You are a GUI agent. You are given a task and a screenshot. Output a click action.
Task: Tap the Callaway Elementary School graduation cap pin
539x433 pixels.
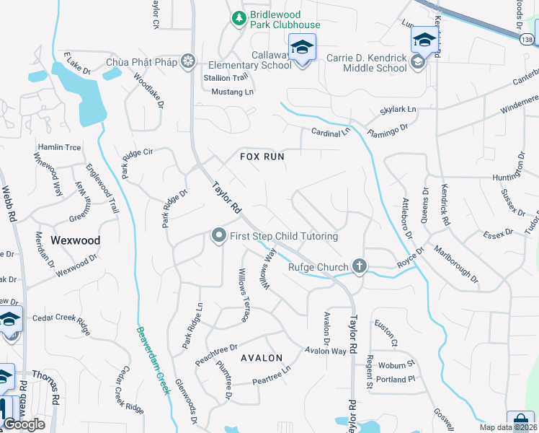point(301,49)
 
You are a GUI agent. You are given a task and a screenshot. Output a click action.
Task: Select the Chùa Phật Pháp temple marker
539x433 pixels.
point(188,61)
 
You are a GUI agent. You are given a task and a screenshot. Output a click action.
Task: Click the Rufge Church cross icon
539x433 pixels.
point(359,267)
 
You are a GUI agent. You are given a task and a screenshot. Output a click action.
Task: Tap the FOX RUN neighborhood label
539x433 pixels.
point(262,156)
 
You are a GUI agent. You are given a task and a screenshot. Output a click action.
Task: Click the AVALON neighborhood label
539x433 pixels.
point(261,357)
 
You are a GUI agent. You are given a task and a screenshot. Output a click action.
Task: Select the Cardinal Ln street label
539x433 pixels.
point(330,132)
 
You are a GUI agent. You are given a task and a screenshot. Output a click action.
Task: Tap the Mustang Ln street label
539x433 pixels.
point(233,92)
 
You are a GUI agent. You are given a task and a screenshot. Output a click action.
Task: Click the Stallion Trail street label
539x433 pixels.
point(226,78)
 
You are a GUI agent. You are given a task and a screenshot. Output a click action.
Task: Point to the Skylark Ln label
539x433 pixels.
point(398,110)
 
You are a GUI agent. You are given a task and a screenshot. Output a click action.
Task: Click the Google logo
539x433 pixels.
point(24,424)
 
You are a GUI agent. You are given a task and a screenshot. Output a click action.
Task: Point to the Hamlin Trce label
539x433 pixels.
point(59,146)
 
